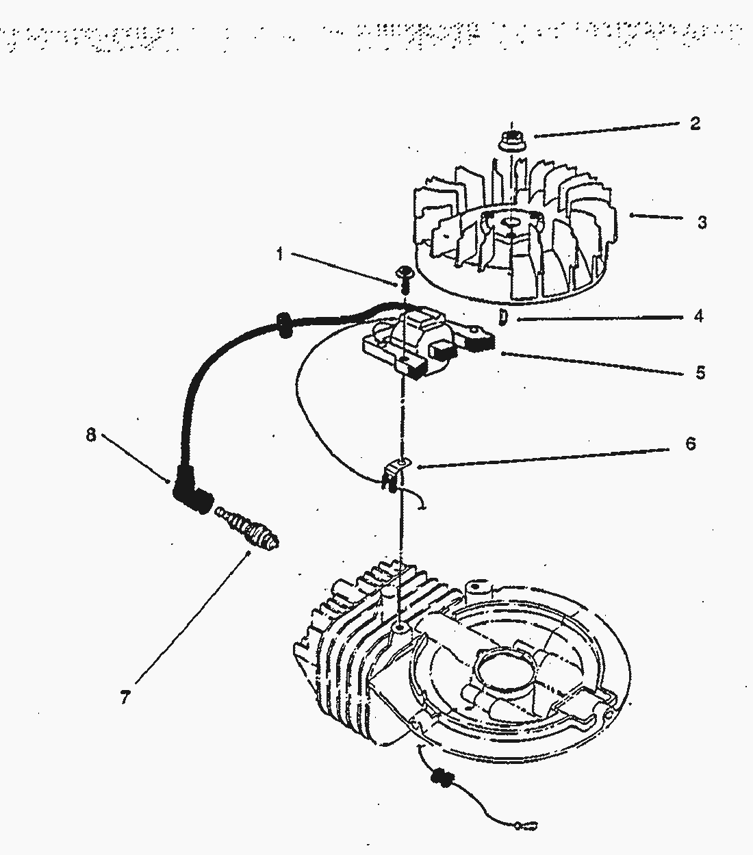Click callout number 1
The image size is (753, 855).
[279, 254]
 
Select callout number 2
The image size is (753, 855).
[695, 124]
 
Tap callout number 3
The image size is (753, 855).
[702, 222]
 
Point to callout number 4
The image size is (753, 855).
[698, 317]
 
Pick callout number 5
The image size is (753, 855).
[700, 373]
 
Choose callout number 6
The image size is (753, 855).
[691, 444]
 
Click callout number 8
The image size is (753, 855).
[91, 435]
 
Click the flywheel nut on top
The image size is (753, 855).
[507, 138]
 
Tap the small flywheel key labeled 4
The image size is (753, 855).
[503, 318]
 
